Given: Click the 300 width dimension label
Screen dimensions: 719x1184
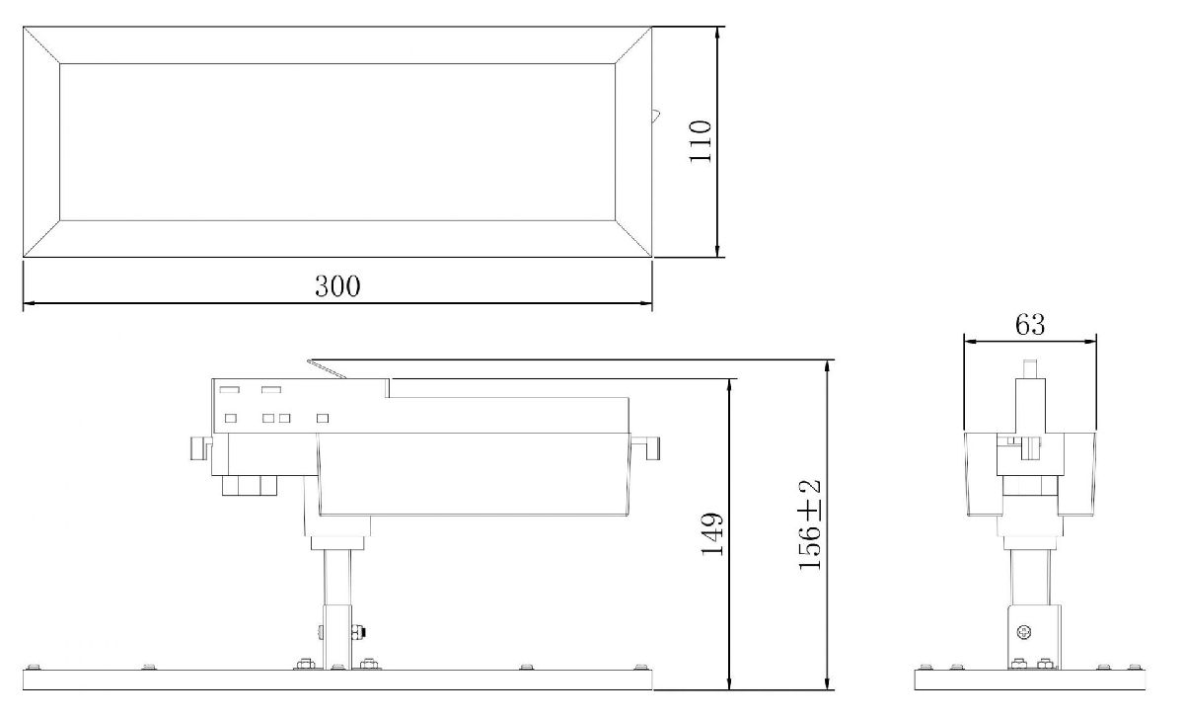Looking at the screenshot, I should [337, 286].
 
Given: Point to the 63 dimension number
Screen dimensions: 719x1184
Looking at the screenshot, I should [1028, 323].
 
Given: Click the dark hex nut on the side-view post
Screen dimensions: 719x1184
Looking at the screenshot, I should [357, 630].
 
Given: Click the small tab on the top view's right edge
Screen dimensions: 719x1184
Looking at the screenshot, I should [655, 116].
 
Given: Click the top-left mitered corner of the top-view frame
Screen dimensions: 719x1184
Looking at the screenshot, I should [41, 45].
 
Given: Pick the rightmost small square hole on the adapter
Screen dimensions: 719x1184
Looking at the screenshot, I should [322, 418].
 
